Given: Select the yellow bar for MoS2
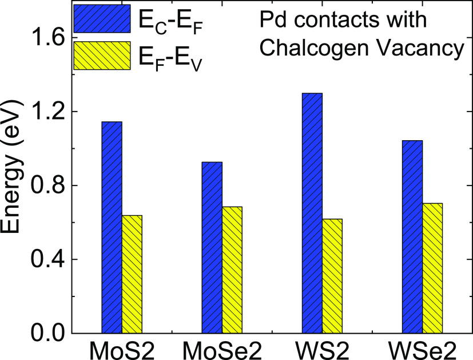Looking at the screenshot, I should [132, 274].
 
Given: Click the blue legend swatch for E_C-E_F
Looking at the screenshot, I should [102, 19].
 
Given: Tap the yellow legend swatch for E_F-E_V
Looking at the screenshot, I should [102, 56].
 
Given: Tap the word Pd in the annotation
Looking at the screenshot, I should [267, 22].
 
